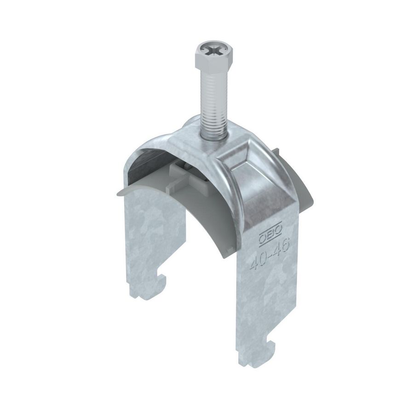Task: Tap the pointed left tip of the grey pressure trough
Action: [113, 194]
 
